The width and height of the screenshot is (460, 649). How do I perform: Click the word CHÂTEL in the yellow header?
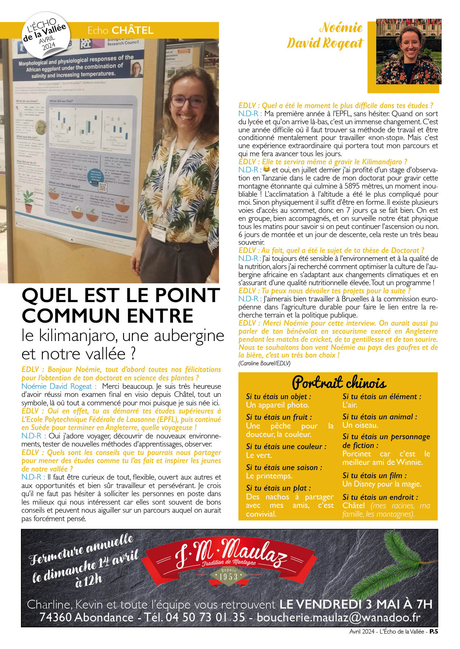pos(133,30)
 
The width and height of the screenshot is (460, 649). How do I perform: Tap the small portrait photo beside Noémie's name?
pos(409,52)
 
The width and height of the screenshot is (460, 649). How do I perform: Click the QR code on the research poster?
pos(103,187)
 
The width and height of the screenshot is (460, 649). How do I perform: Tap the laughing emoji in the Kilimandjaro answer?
pos(266,169)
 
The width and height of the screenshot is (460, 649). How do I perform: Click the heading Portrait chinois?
pos(339,383)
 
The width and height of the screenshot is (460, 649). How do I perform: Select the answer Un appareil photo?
pos(277,405)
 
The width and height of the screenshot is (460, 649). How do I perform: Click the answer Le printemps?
pos(269,476)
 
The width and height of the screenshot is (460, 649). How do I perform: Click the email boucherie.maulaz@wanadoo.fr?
pos(338,617)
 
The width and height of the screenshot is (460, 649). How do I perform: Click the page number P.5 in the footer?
pos(434,631)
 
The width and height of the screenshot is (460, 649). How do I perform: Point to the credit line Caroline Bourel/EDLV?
pos(264,363)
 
